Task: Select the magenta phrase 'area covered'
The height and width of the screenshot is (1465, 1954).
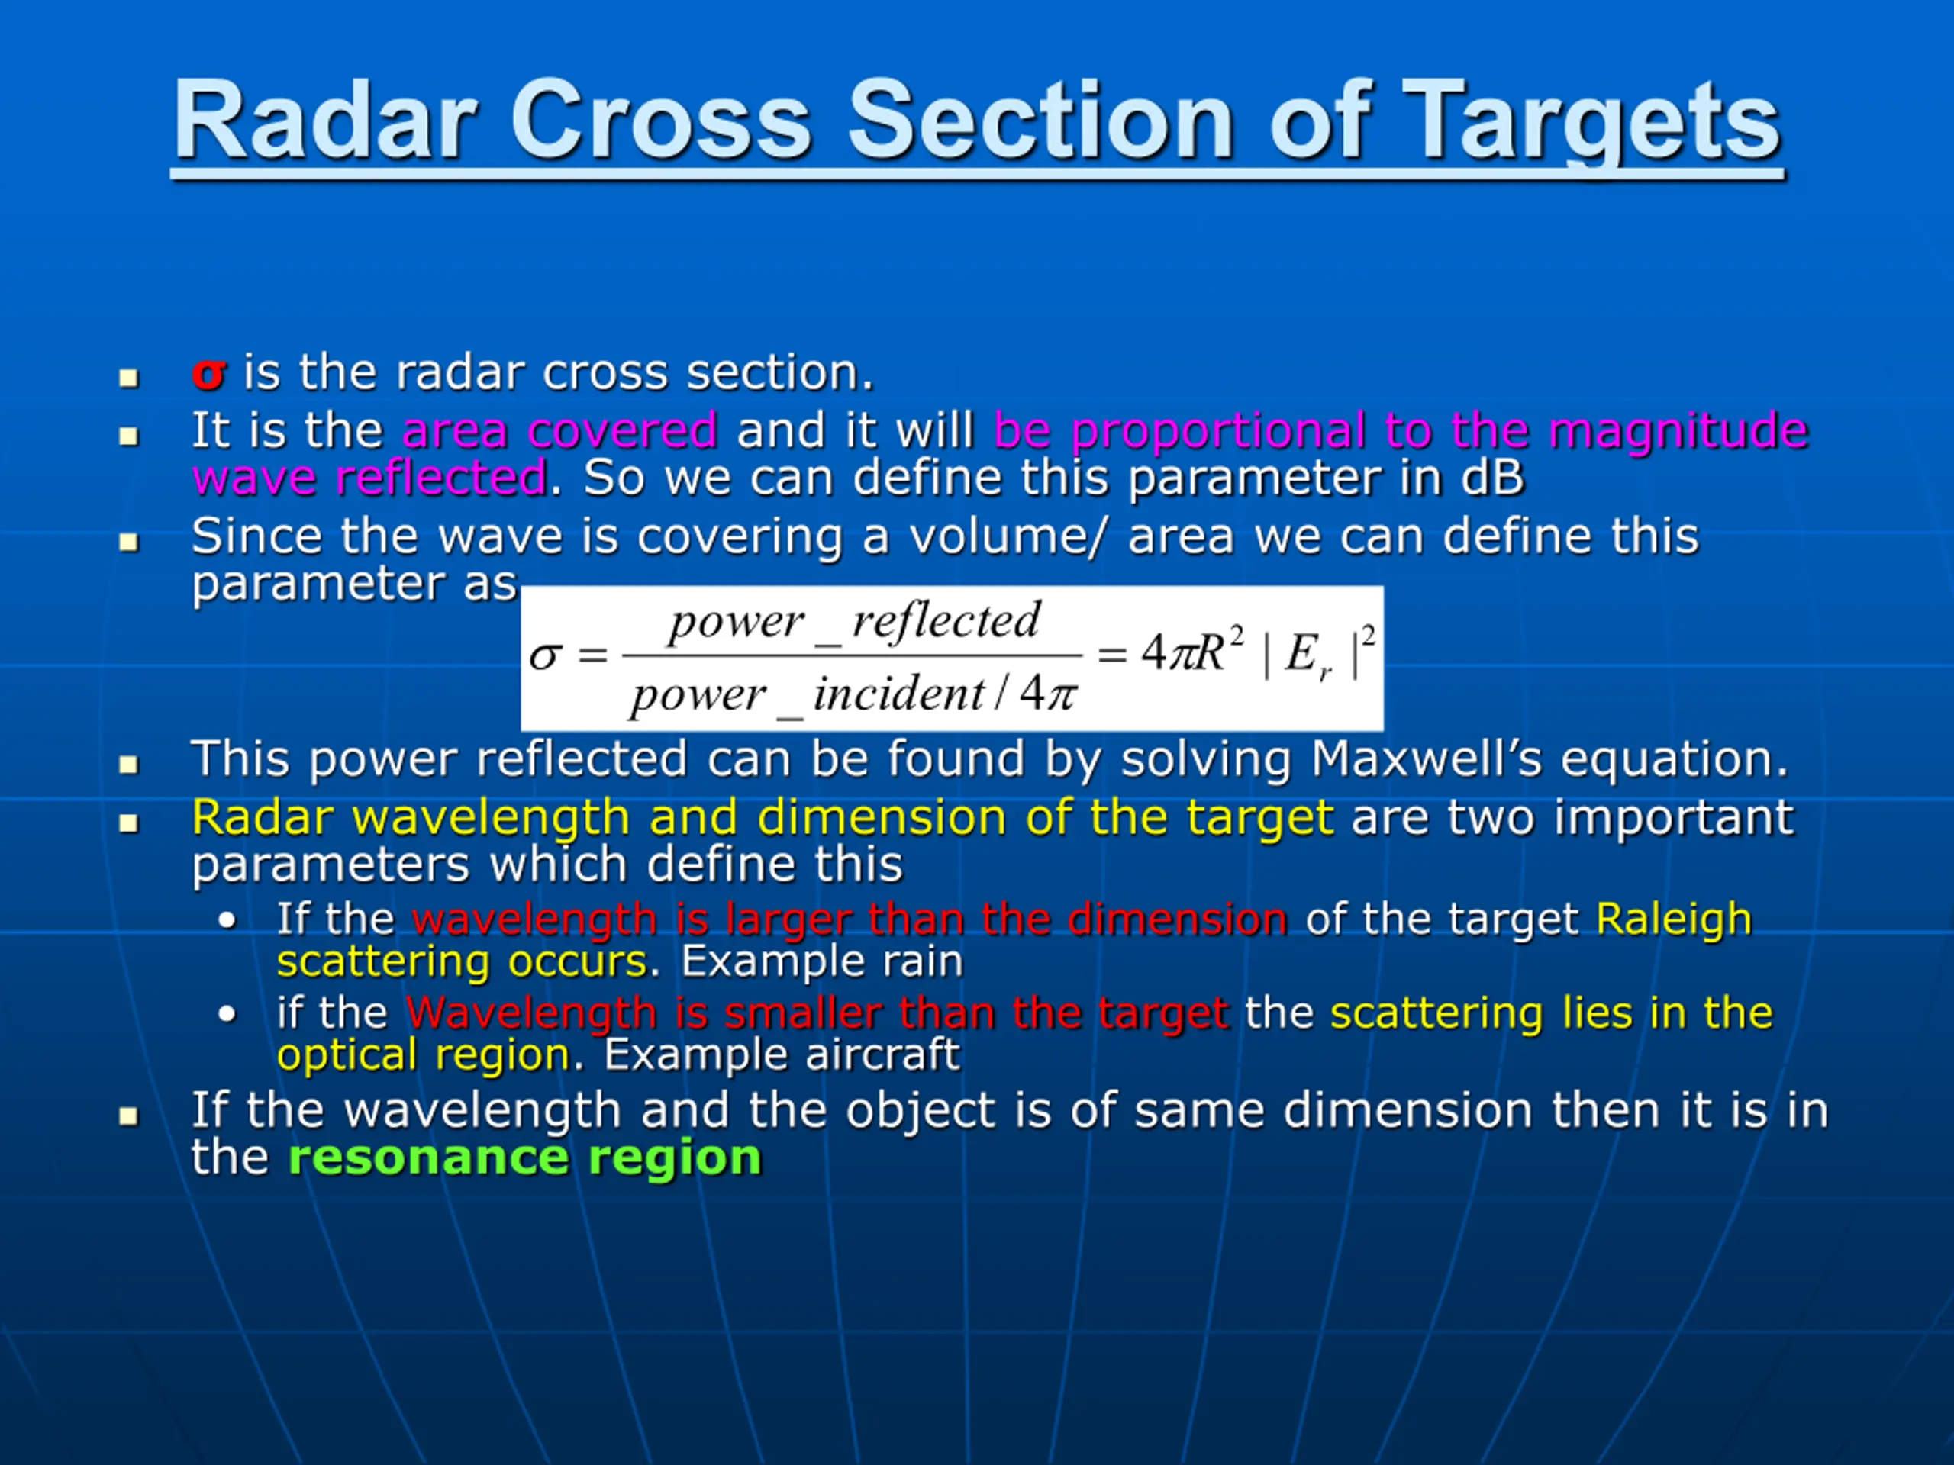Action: pos(559,431)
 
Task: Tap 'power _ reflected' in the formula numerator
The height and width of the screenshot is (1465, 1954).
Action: pos(854,622)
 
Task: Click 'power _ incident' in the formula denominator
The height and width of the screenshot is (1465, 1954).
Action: pos(808,695)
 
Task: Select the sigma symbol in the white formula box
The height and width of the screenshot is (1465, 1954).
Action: pos(545,655)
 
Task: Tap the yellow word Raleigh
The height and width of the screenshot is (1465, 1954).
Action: pos(1674,920)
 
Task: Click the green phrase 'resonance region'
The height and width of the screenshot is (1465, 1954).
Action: pos(524,1158)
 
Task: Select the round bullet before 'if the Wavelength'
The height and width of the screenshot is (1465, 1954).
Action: pos(228,1015)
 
